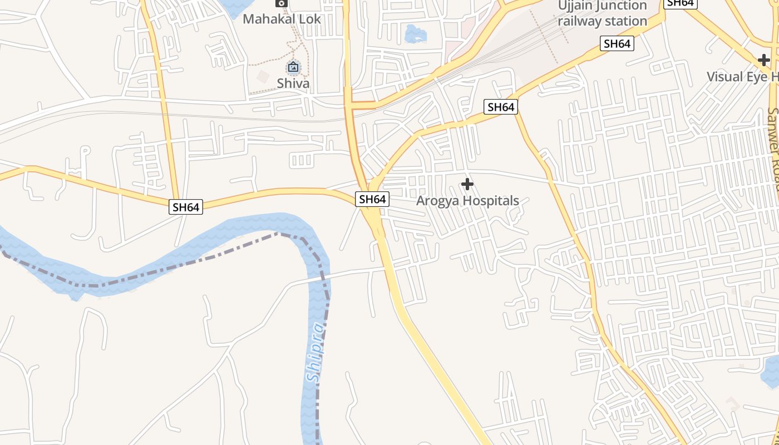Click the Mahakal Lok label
282,19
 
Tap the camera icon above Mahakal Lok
282,3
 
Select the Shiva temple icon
293,68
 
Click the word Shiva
293,84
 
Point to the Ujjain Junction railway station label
603,13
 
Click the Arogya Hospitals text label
467,201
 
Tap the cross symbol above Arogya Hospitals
467,184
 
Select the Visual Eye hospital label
742,77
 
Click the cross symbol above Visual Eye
764,60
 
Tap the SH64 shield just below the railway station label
617,43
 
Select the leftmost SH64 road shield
186,207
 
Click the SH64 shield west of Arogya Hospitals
372,199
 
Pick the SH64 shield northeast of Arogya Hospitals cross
501,107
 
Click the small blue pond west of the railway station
416,34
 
